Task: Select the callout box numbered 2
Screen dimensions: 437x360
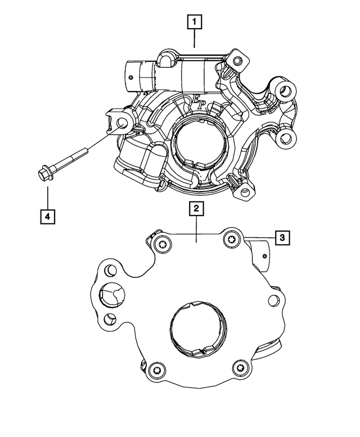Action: tap(196, 209)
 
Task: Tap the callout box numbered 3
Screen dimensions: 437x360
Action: tap(282, 238)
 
